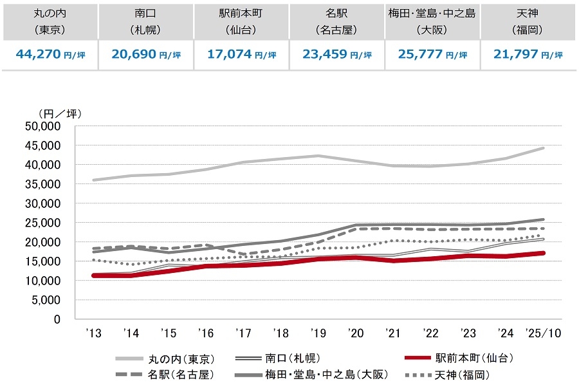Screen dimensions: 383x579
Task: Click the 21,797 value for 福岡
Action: click(x=517, y=55)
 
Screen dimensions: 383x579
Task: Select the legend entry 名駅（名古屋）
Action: click(x=181, y=374)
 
